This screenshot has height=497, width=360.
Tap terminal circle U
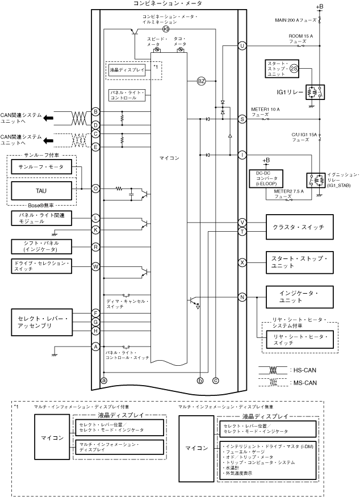pyautogui.click(x=242, y=46)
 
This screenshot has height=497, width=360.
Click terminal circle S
pyautogui.click(x=242, y=119)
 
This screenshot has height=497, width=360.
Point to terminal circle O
pyautogui.click(x=96, y=188)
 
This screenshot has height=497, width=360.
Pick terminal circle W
pyautogui.click(x=96, y=266)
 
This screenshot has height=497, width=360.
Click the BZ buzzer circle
pyautogui.click(x=201, y=81)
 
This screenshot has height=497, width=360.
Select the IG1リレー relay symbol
pyautogui.click(x=313, y=91)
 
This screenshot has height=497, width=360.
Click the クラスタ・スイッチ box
pyautogui.click(x=299, y=227)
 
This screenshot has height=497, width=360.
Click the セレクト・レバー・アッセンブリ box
pyautogui.click(x=43, y=322)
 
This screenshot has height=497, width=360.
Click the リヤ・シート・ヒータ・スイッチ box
pyautogui.click(x=299, y=340)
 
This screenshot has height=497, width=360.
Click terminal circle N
pyautogui.click(x=242, y=297)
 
